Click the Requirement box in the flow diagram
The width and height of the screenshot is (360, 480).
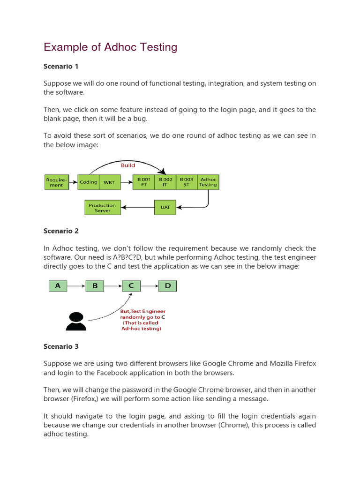pyautogui.click(x=56, y=182)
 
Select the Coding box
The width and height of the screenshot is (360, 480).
pyautogui.click(x=88, y=182)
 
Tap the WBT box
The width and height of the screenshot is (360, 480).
pyautogui.click(x=109, y=182)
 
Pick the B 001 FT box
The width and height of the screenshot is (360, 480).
pyautogui.click(x=144, y=182)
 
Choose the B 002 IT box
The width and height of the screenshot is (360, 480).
pyautogui.click(x=165, y=182)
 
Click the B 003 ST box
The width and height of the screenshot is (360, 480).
pyautogui.click(x=187, y=182)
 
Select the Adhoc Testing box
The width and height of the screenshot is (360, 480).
pyautogui.click(x=208, y=182)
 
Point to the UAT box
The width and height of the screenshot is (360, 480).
pyautogui.click(x=165, y=207)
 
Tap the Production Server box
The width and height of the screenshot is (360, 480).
pyautogui.click(x=102, y=208)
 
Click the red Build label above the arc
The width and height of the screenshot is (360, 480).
pyautogui.click(x=127, y=165)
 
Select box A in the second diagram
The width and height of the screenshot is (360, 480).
pyautogui.click(x=58, y=285)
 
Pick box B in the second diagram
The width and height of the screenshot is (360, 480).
pyautogui.click(x=95, y=285)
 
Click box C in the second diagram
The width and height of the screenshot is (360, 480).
pyautogui.click(x=131, y=285)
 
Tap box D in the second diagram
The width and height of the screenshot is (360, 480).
pyautogui.click(x=168, y=285)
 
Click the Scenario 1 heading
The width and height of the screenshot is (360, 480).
pyautogui.click(x=61, y=66)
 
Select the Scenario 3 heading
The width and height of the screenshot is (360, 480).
pyautogui.click(x=61, y=346)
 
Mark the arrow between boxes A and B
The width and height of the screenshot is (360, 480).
pyautogui.click(x=76, y=285)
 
